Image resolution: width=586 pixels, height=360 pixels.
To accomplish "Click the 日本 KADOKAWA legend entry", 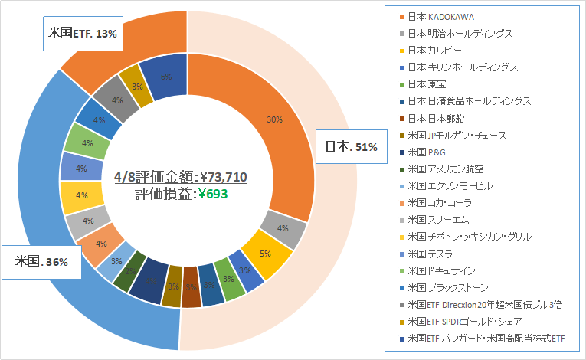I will tap(444, 16).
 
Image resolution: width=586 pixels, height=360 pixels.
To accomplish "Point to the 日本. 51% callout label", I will tap(350, 146).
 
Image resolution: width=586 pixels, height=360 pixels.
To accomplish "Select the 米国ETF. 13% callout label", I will tap(83, 32).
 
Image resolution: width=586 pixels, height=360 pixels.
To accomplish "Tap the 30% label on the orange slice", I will tap(274, 120).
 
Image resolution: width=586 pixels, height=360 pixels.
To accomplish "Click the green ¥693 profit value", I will tap(214, 194).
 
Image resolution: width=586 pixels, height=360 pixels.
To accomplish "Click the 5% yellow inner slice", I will tap(265, 252).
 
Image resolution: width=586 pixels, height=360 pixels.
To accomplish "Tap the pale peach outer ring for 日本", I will tap(337, 230).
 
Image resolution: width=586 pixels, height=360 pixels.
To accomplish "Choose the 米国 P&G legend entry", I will tap(428, 152).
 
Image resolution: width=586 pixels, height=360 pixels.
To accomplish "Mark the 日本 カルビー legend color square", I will tap(402, 51).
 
